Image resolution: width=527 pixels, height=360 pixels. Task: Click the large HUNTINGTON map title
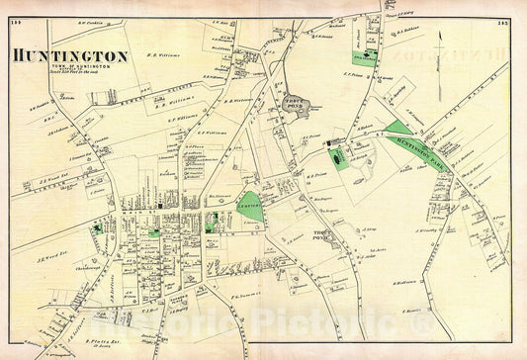click(70, 56)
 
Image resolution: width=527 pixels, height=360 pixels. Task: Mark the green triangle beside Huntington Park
click(398, 128)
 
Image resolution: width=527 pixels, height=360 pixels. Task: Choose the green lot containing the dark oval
click(339, 156)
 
